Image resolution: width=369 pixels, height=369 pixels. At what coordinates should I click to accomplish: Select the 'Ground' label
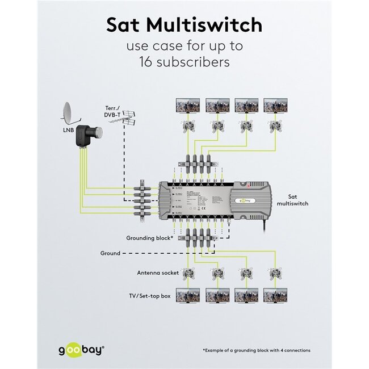pos(110,253)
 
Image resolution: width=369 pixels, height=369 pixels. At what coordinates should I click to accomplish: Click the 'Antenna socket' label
pos(158,273)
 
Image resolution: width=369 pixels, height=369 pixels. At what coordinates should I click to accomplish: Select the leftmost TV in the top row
pos(187,106)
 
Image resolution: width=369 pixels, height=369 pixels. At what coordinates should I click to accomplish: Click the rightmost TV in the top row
pos(275,106)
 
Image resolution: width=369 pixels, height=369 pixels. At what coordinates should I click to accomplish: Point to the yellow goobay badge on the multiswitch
pos(245,200)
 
